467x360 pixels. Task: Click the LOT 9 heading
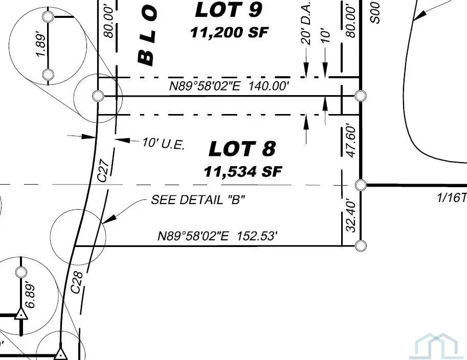(229, 10)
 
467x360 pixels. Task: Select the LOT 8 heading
(242, 149)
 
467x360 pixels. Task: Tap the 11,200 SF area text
(229, 32)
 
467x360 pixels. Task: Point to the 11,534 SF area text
(243, 171)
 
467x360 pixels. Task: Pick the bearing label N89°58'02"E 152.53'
(218, 236)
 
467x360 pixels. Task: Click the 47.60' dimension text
(351, 140)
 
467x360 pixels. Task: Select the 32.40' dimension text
(351, 215)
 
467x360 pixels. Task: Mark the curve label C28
(77, 282)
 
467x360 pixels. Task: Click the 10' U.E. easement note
(163, 144)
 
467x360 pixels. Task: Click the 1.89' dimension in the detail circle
(41, 46)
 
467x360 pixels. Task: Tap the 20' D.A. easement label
(306, 29)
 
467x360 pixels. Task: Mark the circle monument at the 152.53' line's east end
(361, 246)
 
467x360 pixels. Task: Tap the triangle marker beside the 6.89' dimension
(21, 314)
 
